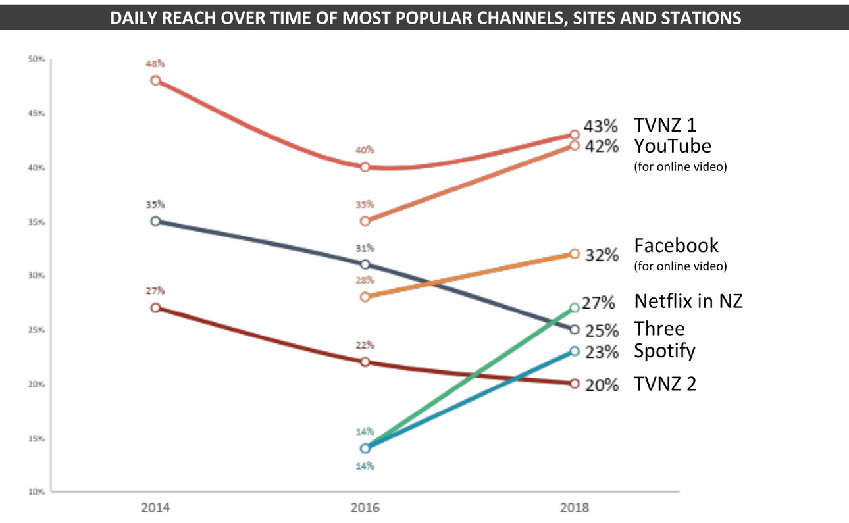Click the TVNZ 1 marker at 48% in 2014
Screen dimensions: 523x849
155,80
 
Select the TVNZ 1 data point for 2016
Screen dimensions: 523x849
365,167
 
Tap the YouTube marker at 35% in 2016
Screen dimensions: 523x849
365,221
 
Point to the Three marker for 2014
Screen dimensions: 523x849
155,221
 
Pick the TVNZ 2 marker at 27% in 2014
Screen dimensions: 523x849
155,308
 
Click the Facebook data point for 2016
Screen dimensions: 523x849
365,297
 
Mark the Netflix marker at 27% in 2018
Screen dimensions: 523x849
574,307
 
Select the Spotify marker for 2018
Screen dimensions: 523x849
574,351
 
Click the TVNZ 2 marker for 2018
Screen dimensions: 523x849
574,384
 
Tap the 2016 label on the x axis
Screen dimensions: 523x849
365,508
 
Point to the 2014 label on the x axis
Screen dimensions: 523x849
155,508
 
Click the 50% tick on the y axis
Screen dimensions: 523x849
36,59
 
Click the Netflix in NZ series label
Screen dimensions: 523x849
688,301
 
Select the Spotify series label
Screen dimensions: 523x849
664,351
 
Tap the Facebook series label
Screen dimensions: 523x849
676,245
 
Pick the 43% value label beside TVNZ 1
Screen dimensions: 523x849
601,126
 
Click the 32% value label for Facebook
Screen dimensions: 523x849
602,255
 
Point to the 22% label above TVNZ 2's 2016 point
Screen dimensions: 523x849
365,345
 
